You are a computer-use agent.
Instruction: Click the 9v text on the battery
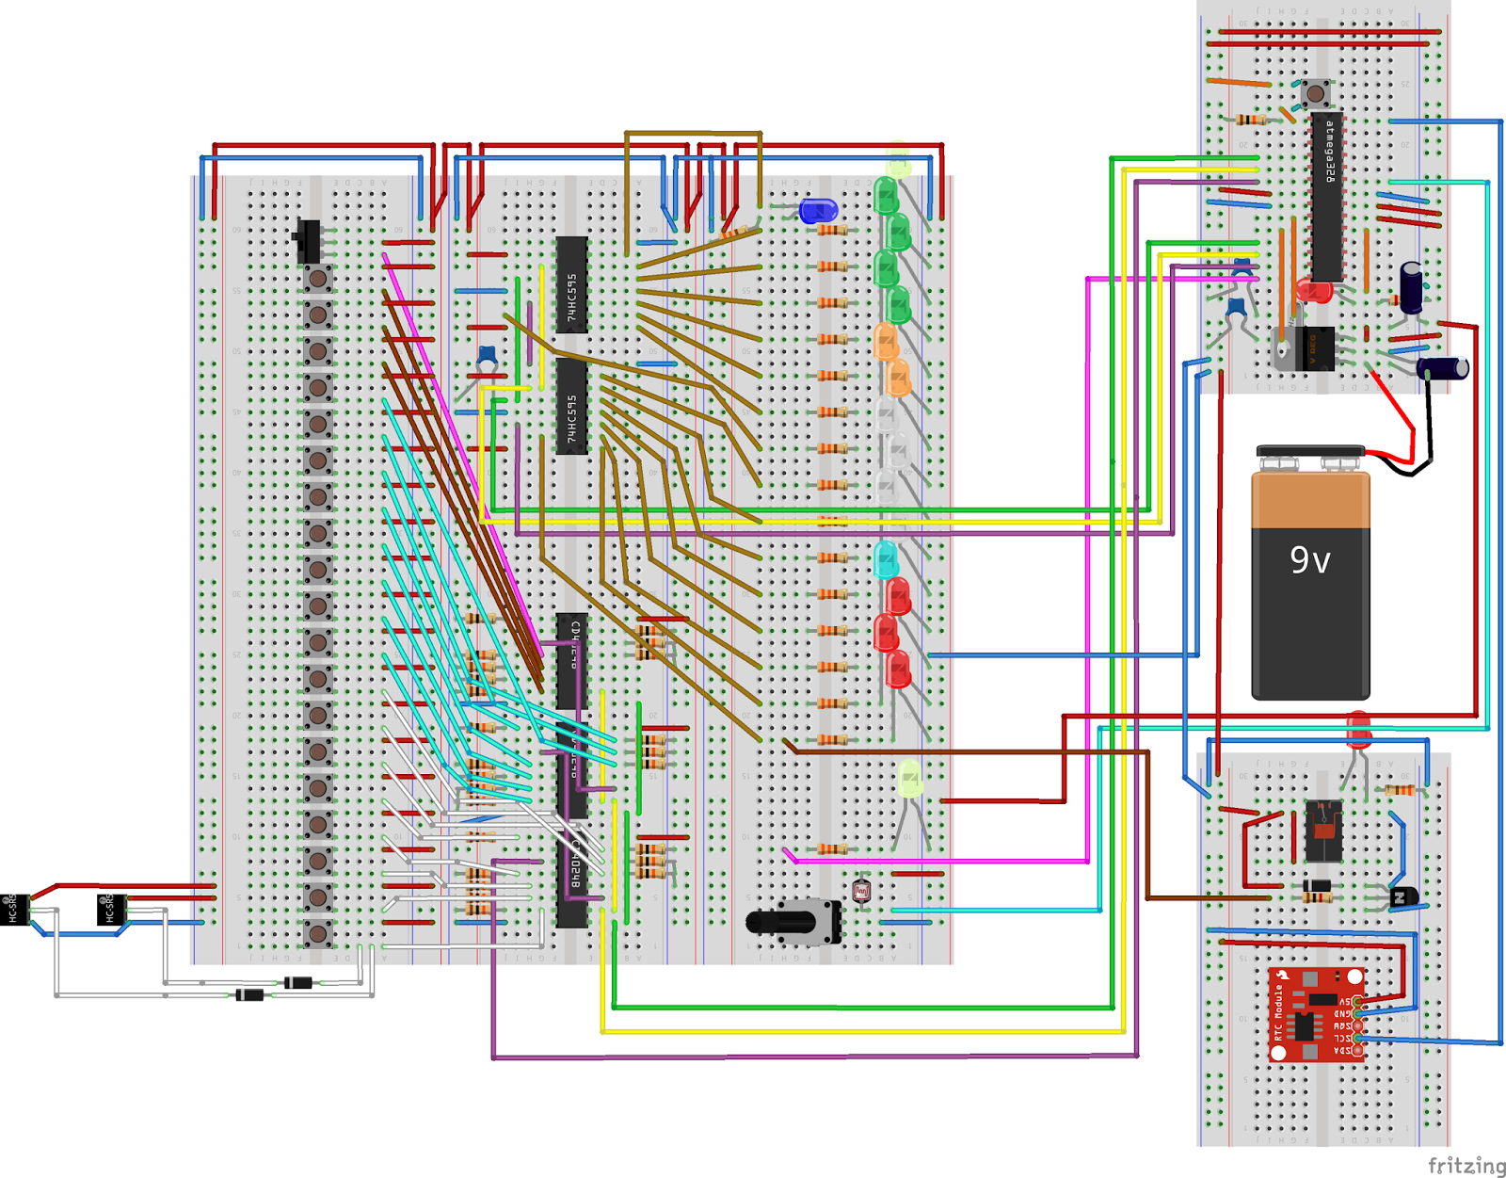(1309, 560)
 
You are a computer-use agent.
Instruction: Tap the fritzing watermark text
(1466, 1166)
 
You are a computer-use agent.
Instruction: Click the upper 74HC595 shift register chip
(571, 284)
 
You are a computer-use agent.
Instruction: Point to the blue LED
(817, 211)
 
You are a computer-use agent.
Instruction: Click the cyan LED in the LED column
(886, 559)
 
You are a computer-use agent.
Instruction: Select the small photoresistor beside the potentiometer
(861, 890)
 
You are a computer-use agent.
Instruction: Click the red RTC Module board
(1314, 1014)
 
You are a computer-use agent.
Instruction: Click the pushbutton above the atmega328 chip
(1315, 93)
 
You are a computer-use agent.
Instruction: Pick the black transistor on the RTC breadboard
(1403, 896)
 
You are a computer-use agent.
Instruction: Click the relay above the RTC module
(1323, 831)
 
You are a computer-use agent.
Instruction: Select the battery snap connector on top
(1309, 453)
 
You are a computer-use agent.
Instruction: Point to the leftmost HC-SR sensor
(13, 909)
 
